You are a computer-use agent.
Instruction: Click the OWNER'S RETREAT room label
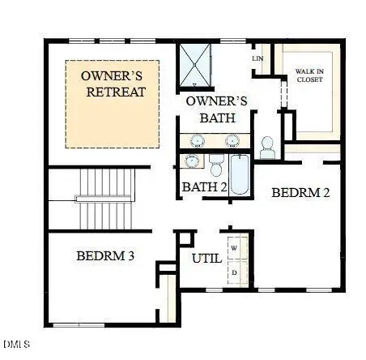point(114,84)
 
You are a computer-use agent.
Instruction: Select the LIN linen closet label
point(258,59)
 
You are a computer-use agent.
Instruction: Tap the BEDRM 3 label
point(105,256)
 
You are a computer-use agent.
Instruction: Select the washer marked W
point(235,246)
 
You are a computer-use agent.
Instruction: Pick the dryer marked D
point(235,273)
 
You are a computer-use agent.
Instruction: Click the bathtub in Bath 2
point(240,175)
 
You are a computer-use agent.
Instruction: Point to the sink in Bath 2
point(192,161)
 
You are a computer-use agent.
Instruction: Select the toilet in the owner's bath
point(267,147)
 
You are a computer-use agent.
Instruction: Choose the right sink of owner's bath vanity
point(233,140)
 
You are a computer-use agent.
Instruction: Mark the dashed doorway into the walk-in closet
point(281,91)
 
